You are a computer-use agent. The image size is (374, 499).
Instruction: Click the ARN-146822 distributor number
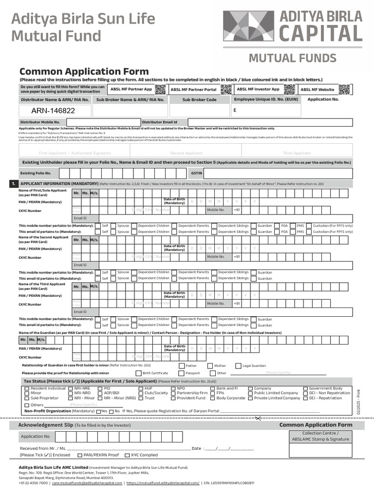(x=53, y=111)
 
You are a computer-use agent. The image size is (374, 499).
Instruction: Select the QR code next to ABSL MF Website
(x=344, y=89)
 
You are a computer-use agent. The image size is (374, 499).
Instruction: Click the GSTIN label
(x=196, y=173)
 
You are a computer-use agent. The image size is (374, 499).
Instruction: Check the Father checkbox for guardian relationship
(x=181, y=365)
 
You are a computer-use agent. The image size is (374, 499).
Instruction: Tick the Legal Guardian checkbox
(x=239, y=365)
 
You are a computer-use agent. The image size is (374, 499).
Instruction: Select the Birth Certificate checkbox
(x=138, y=373)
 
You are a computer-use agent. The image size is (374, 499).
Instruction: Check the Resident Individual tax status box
(x=27, y=388)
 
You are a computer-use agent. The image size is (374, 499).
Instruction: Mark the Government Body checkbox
(x=305, y=388)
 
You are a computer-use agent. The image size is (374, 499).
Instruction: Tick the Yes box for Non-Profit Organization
(x=98, y=411)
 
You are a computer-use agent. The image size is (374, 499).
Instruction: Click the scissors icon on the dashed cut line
(x=258, y=418)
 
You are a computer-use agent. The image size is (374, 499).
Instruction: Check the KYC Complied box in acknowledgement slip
(x=128, y=455)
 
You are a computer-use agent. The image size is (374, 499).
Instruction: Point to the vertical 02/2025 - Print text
(x=359, y=402)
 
